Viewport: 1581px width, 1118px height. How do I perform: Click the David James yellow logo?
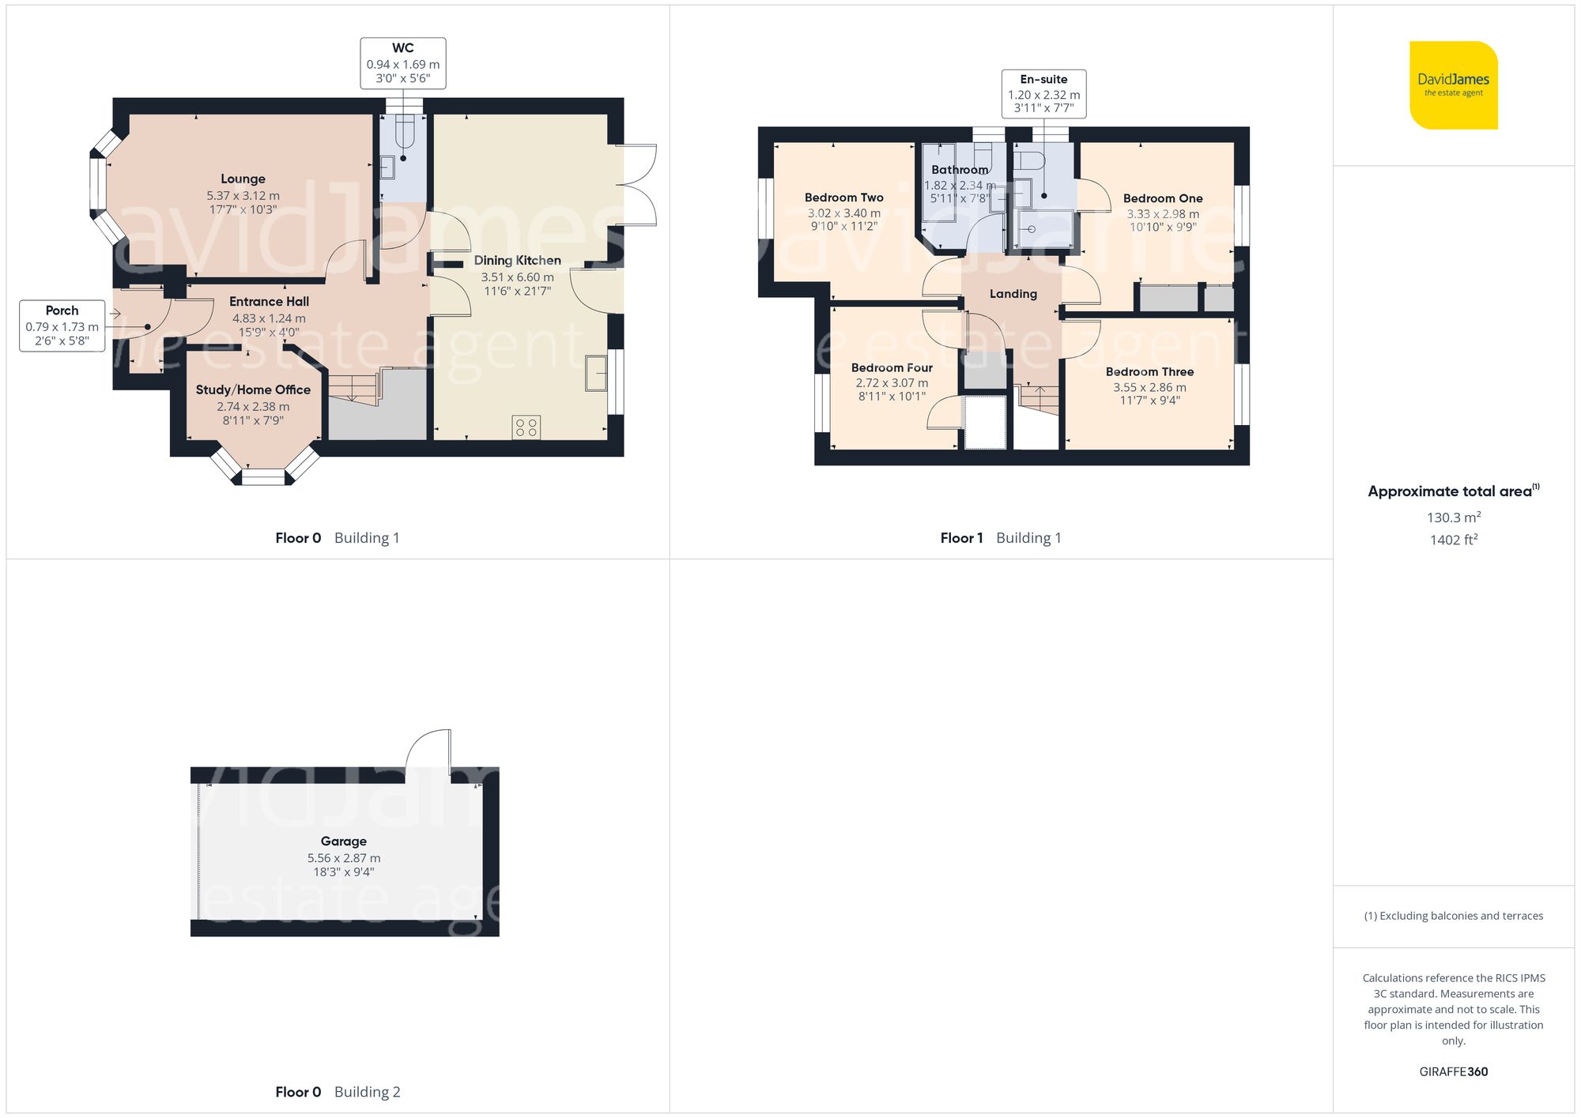(x=1453, y=85)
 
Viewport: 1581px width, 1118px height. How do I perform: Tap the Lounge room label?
(x=243, y=179)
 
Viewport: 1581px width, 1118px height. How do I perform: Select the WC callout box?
(x=403, y=63)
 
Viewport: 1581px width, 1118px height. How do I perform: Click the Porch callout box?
(x=62, y=326)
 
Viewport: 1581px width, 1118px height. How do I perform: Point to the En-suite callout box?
(x=1043, y=94)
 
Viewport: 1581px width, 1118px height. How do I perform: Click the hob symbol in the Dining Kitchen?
(x=526, y=427)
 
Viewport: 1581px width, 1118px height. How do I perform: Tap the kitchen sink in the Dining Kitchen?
(x=596, y=373)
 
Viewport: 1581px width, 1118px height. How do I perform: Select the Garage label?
(x=343, y=841)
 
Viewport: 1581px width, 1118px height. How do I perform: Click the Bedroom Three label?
(x=1149, y=372)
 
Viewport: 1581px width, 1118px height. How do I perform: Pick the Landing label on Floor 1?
(x=1013, y=294)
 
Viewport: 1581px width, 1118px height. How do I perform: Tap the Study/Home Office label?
(x=253, y=390)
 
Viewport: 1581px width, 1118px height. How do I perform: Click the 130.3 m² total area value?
(x=1453, y=518)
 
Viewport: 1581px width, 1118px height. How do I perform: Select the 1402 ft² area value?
(x=1453, y=540)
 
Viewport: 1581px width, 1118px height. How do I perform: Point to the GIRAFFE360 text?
(x=1453, y=1072)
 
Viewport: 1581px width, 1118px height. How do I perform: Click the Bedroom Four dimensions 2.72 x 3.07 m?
(x=892, y=383)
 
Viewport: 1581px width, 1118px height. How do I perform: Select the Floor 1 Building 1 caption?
(x=1001, y=538)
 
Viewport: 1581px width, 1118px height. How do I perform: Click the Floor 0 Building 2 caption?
(x=338, y=1092)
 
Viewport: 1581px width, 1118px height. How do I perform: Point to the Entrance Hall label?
(x=269, y=302)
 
